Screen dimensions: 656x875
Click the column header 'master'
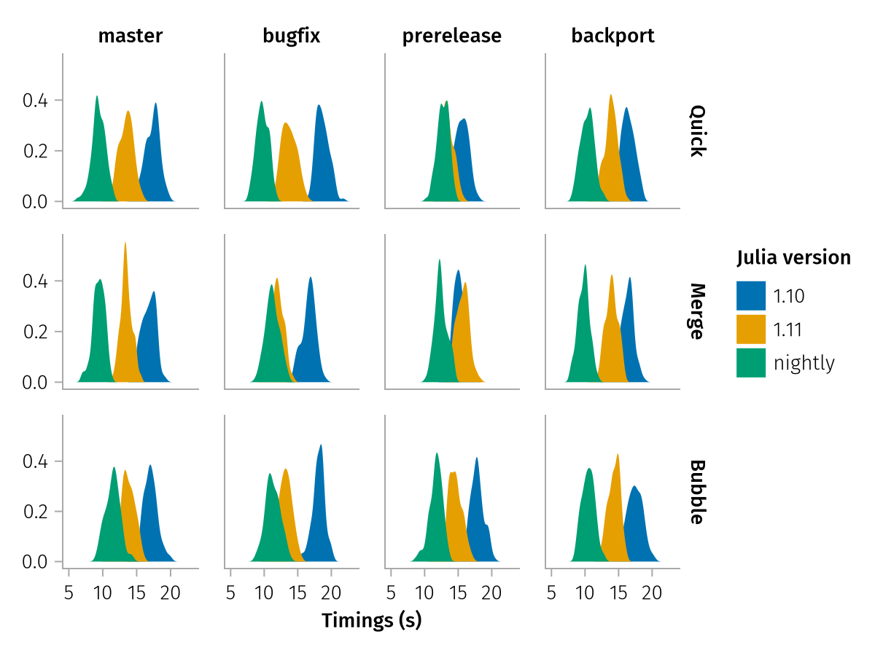(131, 36)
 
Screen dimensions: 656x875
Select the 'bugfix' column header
(292, 36)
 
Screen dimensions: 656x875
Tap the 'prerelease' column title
(452, 36)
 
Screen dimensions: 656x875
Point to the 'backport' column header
(612, 36)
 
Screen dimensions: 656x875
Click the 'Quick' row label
(697, 131)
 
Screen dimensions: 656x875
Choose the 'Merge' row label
(697, 311)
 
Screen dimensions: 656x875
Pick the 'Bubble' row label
(697, 492)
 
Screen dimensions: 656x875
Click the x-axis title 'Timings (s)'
(372, 621)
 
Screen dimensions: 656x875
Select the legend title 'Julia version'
(793, 257)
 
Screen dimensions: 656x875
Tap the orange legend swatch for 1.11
(751, 329)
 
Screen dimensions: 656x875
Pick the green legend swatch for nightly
(751, 363)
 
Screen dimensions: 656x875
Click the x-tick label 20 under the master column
(171, 593)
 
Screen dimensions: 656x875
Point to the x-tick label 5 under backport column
(551, 593)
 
